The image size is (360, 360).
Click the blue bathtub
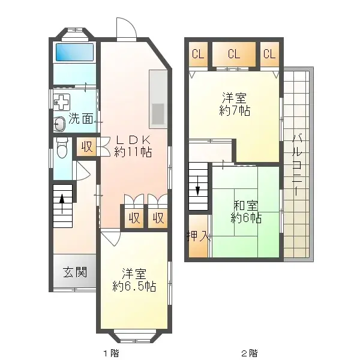click(74, 52)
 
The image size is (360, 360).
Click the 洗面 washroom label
click(80, 118)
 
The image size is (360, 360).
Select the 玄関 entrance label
click(75, 272)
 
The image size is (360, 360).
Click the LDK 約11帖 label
click(133, 145)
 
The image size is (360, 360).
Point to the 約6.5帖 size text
click(134, 287)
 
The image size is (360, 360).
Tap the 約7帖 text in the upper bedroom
click(235, 111)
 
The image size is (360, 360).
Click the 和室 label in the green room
click(246, 205)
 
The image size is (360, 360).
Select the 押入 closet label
click(197, 235)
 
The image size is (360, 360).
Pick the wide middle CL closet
click(233, 54)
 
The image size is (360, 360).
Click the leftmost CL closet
click(197, 54)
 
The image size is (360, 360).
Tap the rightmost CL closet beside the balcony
click(269, 54)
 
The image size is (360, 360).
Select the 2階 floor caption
click(249, 352)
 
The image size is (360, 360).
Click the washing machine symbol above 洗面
click(61, 101)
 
